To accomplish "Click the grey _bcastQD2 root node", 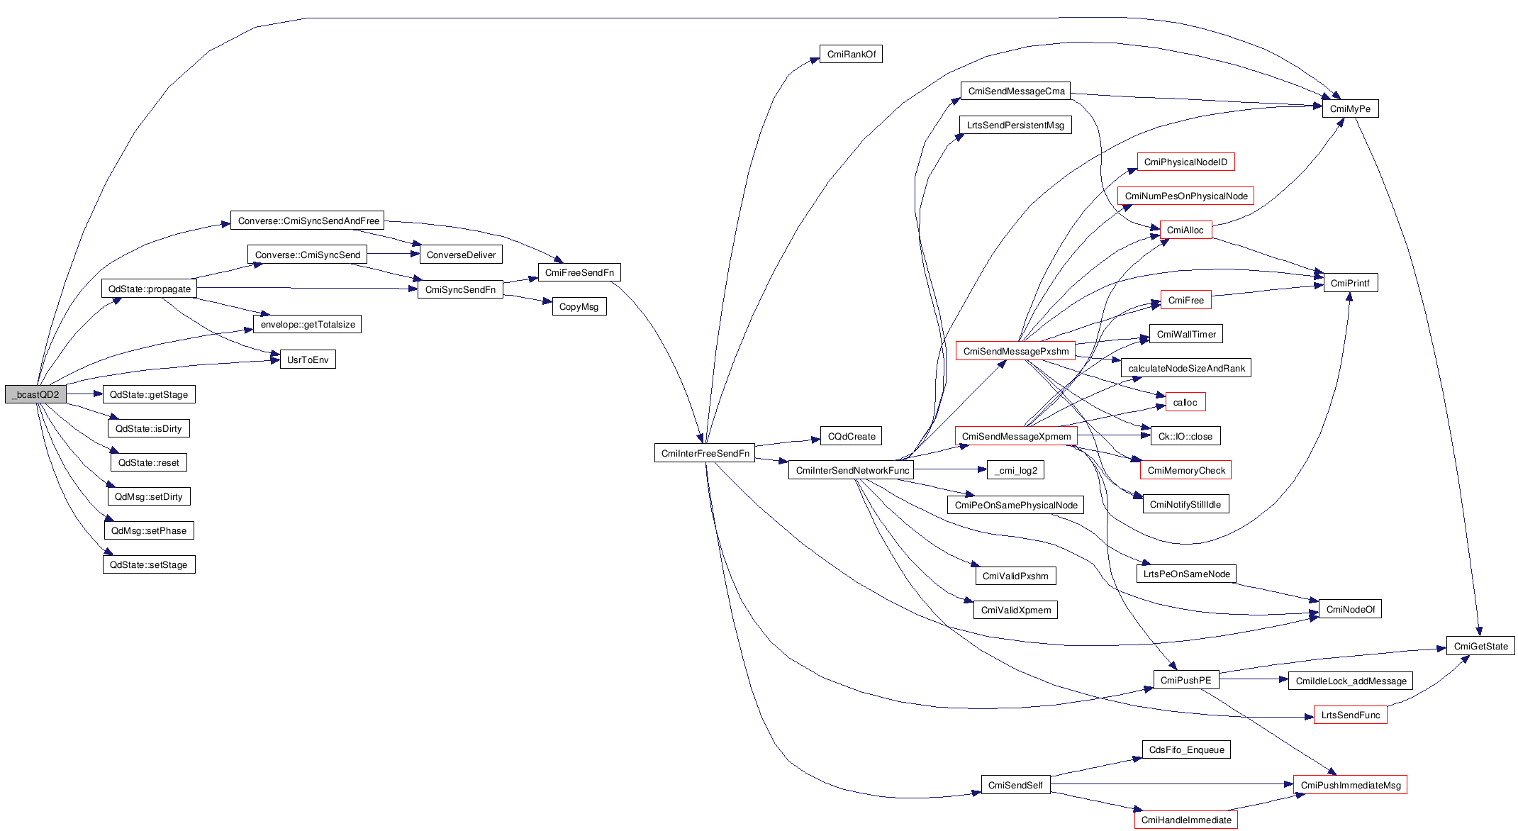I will coord(35,395).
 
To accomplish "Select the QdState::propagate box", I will coord(149,289).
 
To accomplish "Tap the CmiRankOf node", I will coord(851,55).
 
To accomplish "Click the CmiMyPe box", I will coord(1350,109).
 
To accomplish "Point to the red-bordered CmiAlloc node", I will coord(1185,230).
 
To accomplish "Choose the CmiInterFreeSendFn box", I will coord(705,454).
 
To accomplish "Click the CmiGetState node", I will coord(1480,647).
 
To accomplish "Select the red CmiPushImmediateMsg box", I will coord(1350,786).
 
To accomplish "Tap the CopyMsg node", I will coord(579,307).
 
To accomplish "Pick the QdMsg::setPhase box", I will coord(149,531).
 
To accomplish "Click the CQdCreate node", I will coord(851,437).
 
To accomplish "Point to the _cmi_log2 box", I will coord(1016,471).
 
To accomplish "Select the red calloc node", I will coord(1185,403).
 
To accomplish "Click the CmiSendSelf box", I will coord(1015,786).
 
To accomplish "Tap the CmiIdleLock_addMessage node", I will coord(1351,681).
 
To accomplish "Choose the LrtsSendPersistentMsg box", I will coord(1015,126).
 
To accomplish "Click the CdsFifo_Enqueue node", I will coord(1186,750).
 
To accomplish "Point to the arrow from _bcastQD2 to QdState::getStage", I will coord(84,394).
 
